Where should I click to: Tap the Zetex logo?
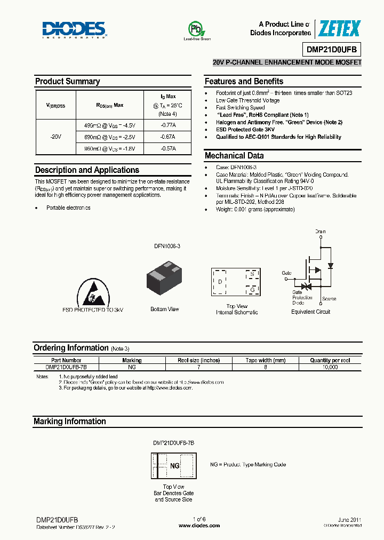pyautogui.click(x=339, y=29)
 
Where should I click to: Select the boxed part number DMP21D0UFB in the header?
pyautogui.click(x=333, y=50)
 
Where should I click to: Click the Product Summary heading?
pyautogui.click(x=67, y=82)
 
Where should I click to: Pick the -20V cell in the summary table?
pyautogui.click(x=55, y=137)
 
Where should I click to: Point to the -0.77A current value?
pyautogui.click(x=168, y=125)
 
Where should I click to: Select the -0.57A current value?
pyautogui.click(x=168, y=149)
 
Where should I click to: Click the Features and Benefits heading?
pyautogui.click(x=244, y=82)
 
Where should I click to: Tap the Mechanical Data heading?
pyautogui.click(x=234, y=156)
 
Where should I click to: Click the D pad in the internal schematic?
pyautogui.click(x=220, y=281)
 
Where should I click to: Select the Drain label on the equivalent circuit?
pyautogui.click(x=320, y=232)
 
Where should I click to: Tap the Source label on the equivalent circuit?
pyautogui.click(x=329, y=299)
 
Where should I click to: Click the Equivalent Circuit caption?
pyautogui.click(x=310, y=312)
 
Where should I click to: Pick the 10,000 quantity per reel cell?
pyautogui.click(x=330, y=368)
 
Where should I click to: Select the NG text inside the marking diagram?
pyautogui.click(x=174, y=466)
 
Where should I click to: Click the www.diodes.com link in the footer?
pyautogui.click(x=199, y=526)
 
